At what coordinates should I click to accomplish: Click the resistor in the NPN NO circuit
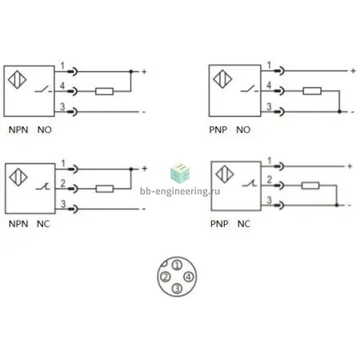[104, 91]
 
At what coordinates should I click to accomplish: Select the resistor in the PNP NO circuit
[312, 91]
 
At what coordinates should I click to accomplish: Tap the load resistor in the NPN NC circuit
[105, 189]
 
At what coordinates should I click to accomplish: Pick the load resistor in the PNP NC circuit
[310, 186]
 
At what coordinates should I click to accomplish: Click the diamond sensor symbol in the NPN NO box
[17, 79]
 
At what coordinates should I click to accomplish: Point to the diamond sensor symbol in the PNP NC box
[225, 174]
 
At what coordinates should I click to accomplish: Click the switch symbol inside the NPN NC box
[43, 187]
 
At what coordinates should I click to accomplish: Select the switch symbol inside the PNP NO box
[250, 89]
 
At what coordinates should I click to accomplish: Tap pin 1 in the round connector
[177, 265]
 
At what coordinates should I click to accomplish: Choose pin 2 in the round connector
[166, 277]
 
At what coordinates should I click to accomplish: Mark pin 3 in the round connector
[177, 288]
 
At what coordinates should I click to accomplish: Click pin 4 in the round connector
[189, 277]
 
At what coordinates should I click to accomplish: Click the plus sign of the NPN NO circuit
[144, 71]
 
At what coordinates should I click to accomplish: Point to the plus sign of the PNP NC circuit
[350, 166]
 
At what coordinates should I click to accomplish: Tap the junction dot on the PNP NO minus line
[339, 111]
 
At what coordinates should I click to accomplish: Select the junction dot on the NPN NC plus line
[131, 169]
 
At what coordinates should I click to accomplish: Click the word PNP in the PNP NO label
[218, 130]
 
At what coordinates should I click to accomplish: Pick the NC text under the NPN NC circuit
[43, 224]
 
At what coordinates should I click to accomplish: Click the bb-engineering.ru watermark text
[180, 191]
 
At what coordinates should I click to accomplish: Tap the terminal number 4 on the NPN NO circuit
[62, 86]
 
